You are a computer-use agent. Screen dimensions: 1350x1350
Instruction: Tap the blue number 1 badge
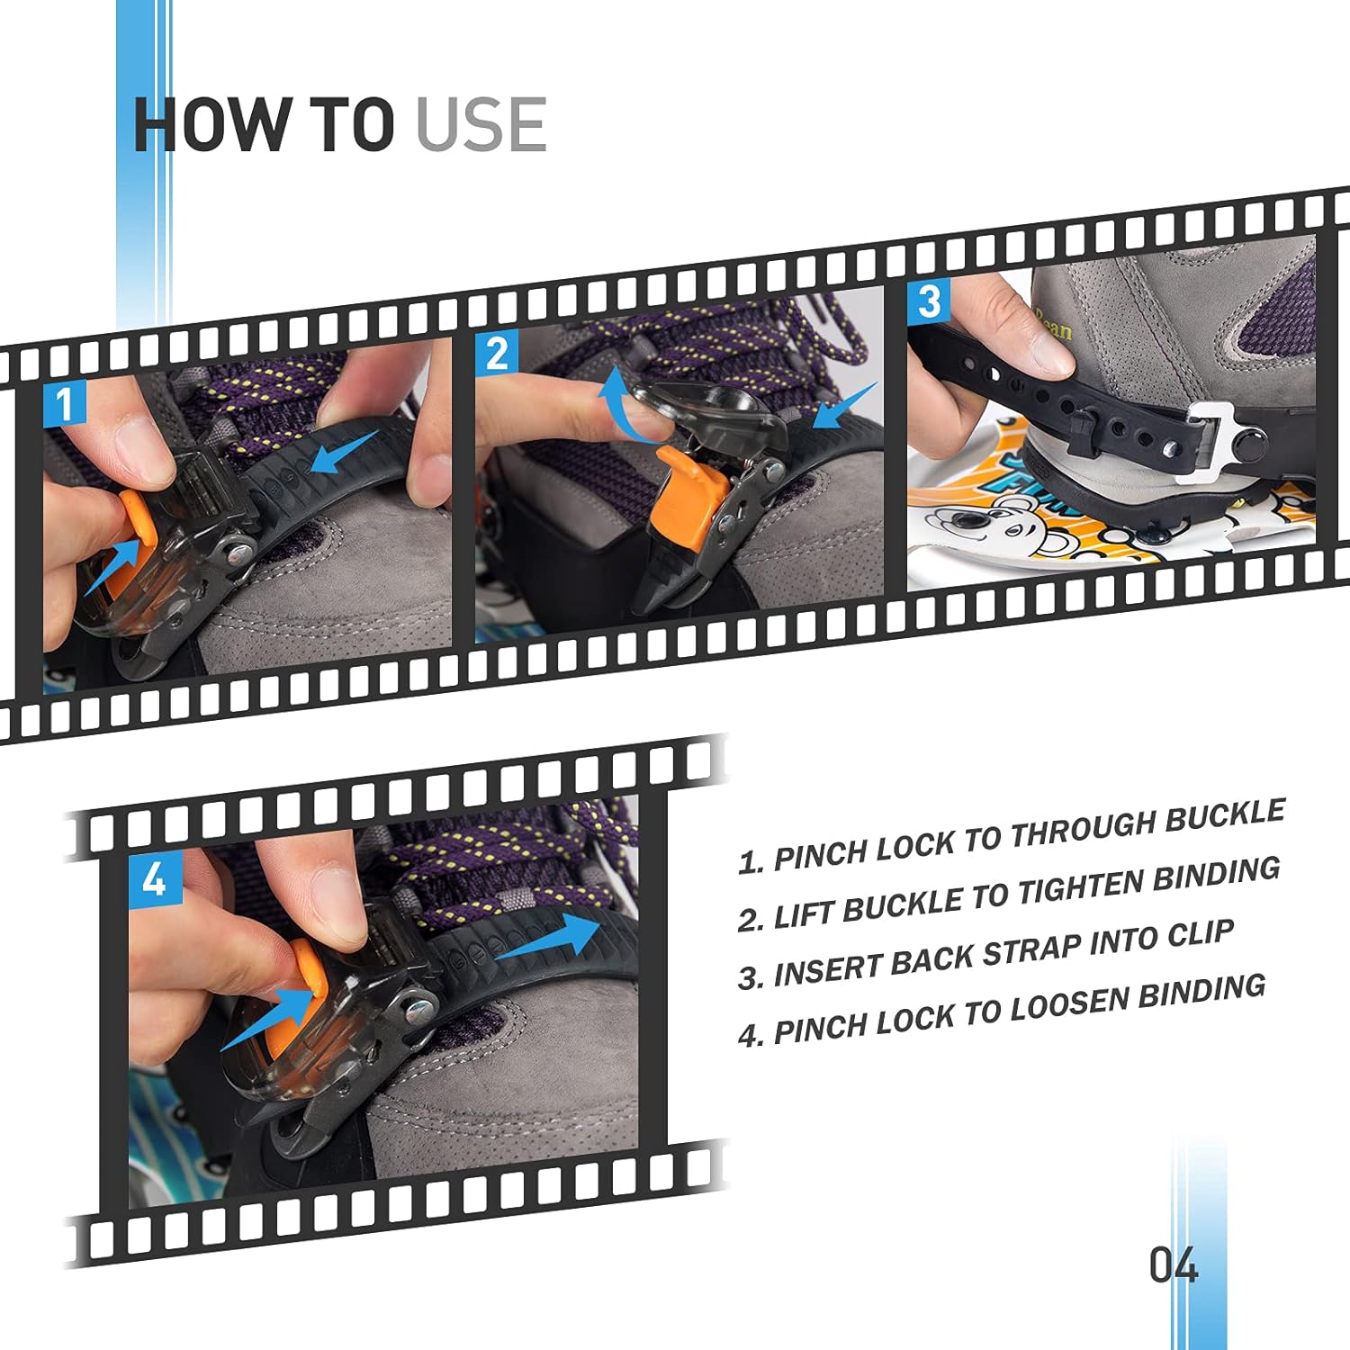pyautogui.click(x=65, y=403)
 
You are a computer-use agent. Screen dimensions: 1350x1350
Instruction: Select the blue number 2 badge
pyautogui.click(x=497, y=353)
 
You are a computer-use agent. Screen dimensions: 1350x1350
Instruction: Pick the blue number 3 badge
pyautogui.click(x=929, y=301)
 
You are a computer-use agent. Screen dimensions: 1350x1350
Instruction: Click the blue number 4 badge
pyautogui.click(x=155, y=877)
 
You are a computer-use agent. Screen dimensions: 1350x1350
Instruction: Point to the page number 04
pyautogui.click(x=1174, y=1264)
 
